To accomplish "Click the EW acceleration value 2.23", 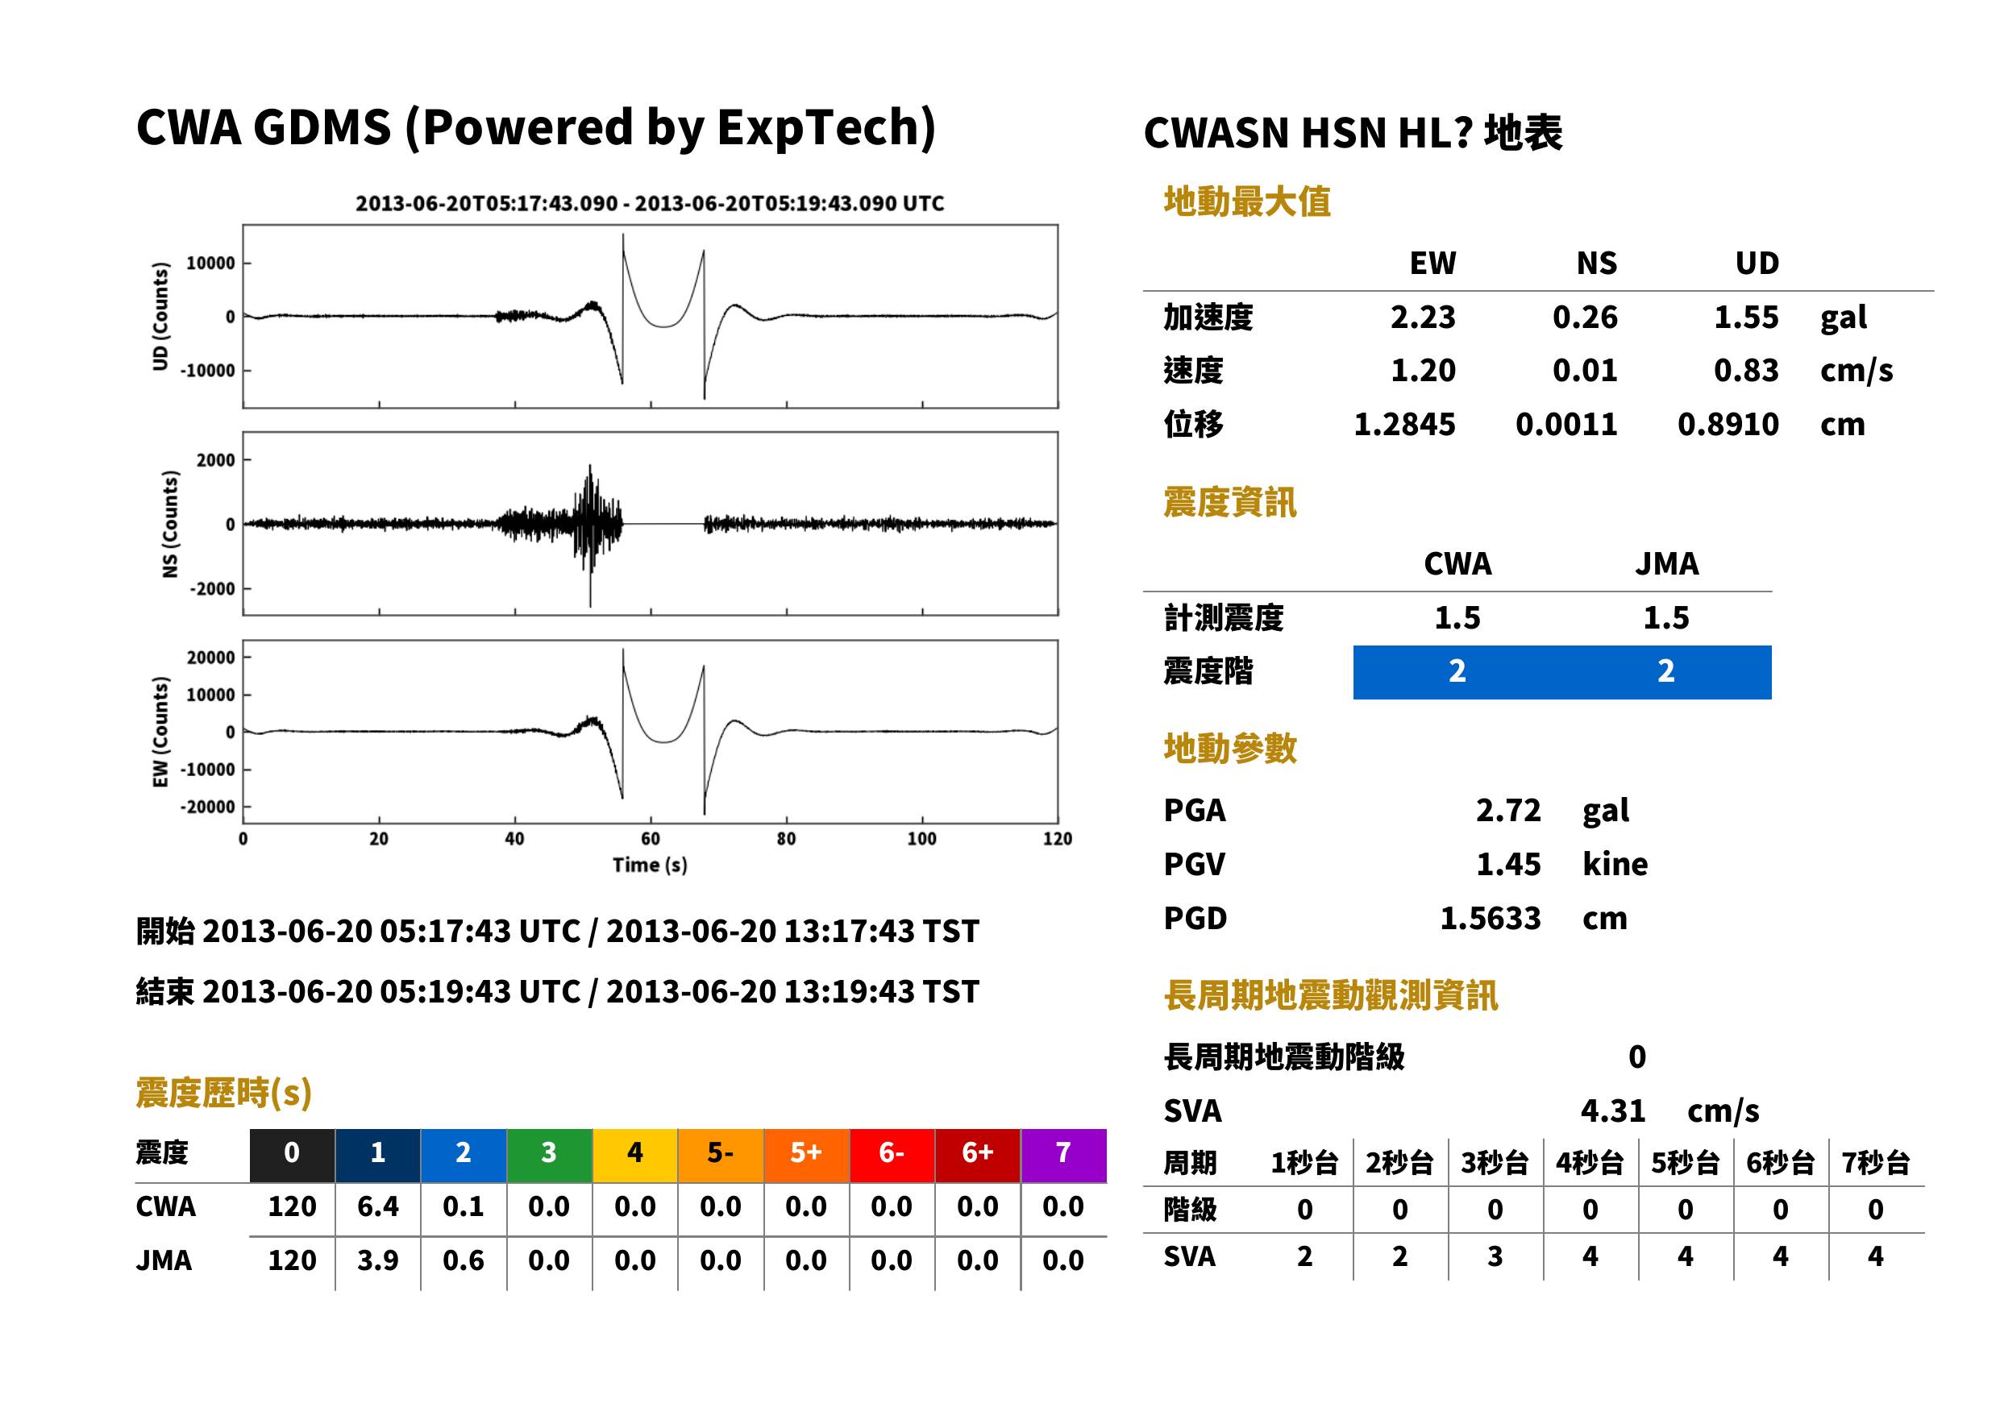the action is [x=1422, y=317].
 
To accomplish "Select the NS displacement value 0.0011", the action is [x=1565, y=424].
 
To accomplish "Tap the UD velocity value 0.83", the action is [x=1746, y=370].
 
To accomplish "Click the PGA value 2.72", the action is [x=1508, y=810].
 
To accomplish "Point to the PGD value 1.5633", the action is [x=1490, y=918].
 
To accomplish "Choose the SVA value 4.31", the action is [x=1613, y=1110].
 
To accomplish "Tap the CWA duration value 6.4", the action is [x=377, y=1206].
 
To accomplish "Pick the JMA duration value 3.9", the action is [x=377, y=1260].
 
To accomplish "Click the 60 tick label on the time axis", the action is [x=650, y=839].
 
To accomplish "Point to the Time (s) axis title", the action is [x=650, y=866].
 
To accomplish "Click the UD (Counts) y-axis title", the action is [x=160, y=316].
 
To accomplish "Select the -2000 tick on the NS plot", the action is [x=212, y=588].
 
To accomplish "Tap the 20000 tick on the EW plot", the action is [x=211, y=657].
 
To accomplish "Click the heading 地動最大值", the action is [x=1247, y=201].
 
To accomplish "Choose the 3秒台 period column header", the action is [x=1495, y=1162].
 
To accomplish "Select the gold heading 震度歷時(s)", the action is [x=224, y=1092].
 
